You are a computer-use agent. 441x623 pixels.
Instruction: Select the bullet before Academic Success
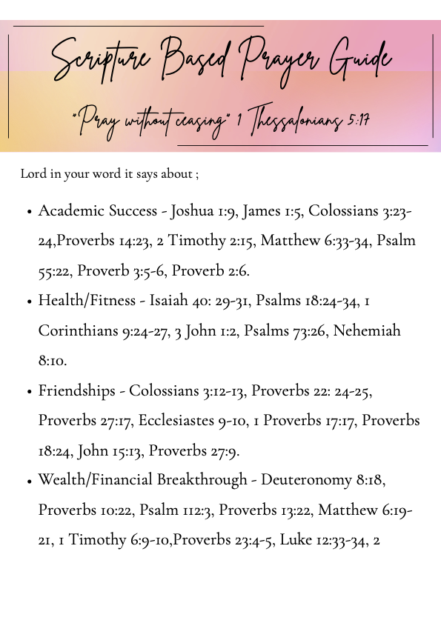[x=29, y=212]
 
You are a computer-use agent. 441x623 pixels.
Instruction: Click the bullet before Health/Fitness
[x=29, y=301]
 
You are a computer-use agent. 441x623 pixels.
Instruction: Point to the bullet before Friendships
[x=29, y=391]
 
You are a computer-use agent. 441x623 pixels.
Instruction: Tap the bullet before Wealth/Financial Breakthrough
[x=29, y=481]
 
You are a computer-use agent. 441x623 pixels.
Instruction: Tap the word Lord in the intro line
[x=33, y=174]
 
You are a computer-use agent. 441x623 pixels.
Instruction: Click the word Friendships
[x=77, y=390]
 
